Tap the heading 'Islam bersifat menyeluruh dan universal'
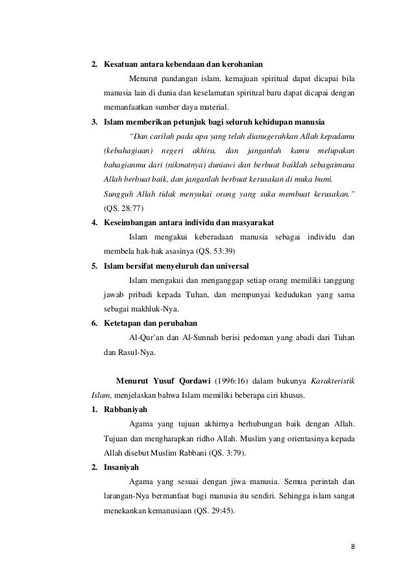pos(180,265)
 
